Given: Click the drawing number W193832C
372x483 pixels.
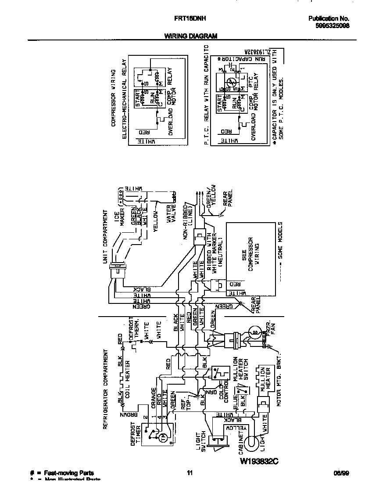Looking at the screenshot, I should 259,461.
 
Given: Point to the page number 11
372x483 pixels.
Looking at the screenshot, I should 190,473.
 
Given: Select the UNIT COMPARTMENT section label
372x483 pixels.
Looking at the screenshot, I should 105,237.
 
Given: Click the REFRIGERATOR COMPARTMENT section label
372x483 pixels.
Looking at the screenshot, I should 105,389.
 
